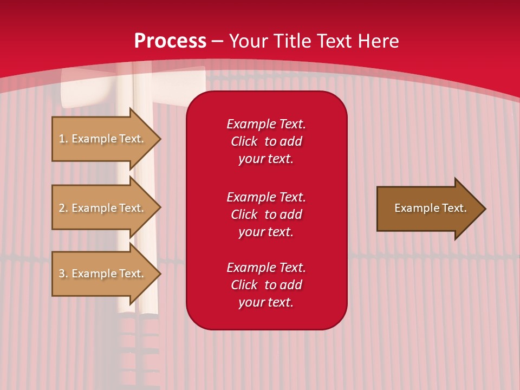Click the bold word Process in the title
[170, 41]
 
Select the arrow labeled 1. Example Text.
[103, 139]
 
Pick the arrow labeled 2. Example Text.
[103, 208]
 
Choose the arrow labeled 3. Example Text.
[103, 274]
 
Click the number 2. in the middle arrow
[63, 208]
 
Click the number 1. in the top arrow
[63, 139]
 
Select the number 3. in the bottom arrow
[63, 274]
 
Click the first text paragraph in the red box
[266, 141]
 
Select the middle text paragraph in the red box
[266, 214]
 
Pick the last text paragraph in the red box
[266, 285]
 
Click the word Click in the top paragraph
[244, 141]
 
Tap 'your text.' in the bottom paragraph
[266, 302]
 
